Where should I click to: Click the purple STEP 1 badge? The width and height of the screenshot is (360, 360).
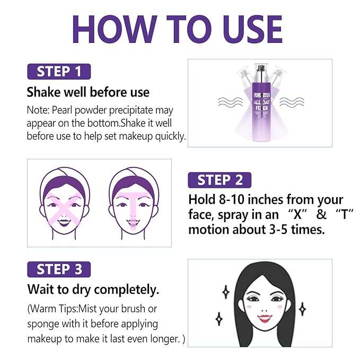coord(59,71)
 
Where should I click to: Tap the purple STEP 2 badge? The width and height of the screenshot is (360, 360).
coord(219,180)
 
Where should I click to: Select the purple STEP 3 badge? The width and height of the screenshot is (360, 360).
coord(59,269)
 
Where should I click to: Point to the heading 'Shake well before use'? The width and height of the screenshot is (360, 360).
coord(88,92)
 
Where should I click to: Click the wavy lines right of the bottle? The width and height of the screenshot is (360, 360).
coord(291,102)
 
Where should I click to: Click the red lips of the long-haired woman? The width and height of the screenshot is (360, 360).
coord(264,318)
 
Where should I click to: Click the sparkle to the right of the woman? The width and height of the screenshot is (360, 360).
coord(302,309)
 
